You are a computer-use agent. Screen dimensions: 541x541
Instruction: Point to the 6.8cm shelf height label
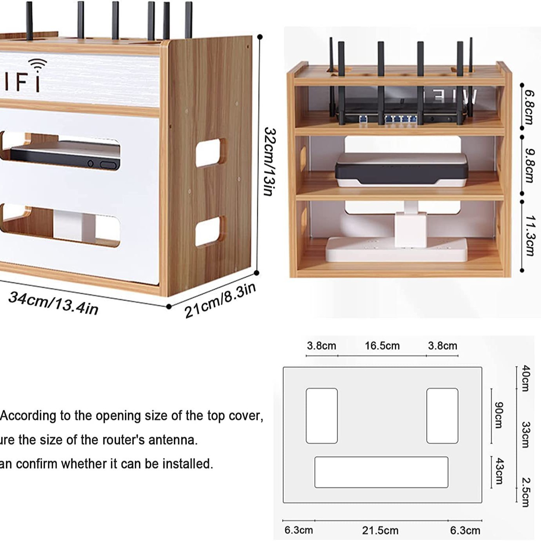pyautogui.click(x=529, y=107)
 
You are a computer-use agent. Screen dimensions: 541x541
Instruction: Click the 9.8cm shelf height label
pyautogui.click(x=529, y=165)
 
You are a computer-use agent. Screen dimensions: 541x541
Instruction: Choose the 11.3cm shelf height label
pyautogui.click(x=529, y=235)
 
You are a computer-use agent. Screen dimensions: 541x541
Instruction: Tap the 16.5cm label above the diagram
pyautogui.click(x=382, y=346)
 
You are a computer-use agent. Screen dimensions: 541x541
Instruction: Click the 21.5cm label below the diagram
pyautogui.click(x=380, y=530)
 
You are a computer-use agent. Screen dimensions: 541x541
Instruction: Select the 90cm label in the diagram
pyautogui.click(x=499, y=415)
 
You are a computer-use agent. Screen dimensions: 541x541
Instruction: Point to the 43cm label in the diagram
pyautogui.click(x=499, y=471)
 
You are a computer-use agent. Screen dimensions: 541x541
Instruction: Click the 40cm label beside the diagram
pyautogui.click(x=526, y=378)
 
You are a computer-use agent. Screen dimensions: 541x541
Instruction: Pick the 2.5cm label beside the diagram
pyautogui.click(x=526, y=492)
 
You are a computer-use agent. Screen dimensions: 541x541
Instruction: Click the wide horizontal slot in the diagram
pyautogui.click(x=381, y=472)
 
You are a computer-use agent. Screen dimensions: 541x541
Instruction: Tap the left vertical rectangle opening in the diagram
pyautogui.click(x=322, y=415)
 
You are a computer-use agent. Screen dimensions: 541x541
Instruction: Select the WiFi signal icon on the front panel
pyautogui.click(x=38, y=64)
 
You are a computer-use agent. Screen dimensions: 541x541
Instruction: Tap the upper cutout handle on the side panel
pyautogui.click(x=211, y=152)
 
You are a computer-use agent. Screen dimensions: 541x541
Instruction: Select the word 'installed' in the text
pyautogui.click(x=188, y=464)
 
